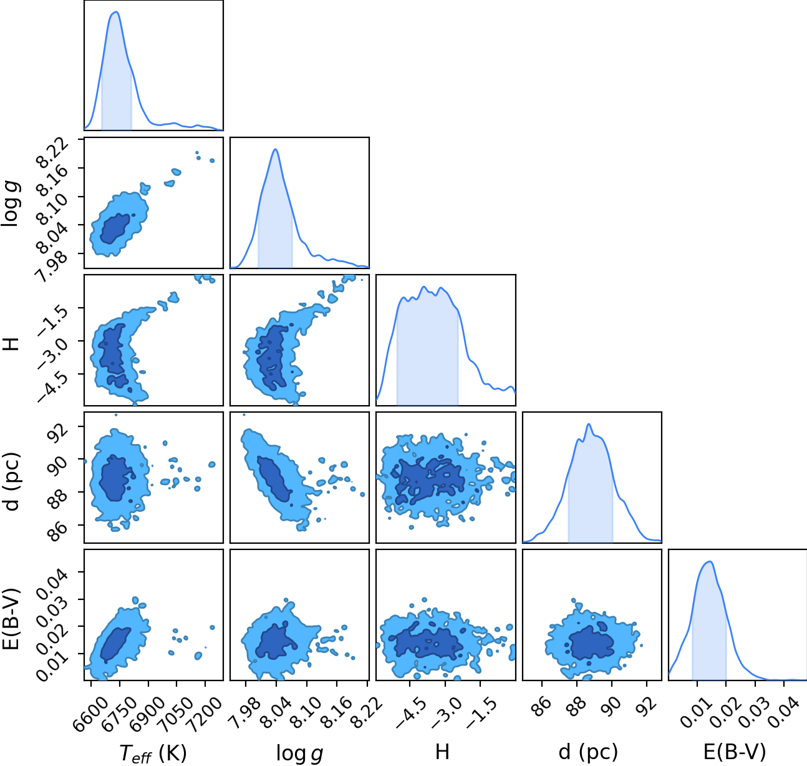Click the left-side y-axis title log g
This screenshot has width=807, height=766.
click(x=11, y=203)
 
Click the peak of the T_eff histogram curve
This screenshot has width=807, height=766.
click(x=116, y=12)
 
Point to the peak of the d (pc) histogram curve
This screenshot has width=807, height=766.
click(x=589, y=424)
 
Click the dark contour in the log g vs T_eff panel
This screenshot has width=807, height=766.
click(x=115, y=228)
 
